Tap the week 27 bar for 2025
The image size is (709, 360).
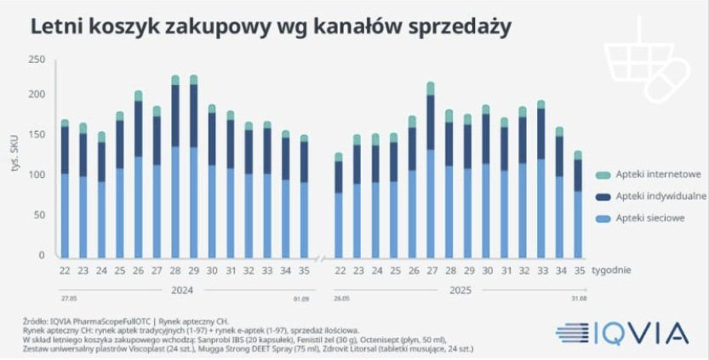(431, 170)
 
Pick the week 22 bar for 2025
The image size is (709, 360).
(339, 204)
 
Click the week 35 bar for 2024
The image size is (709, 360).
(304, 196)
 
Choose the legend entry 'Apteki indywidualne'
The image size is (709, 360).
(660, 197)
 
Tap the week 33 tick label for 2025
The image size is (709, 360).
(540, 271)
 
